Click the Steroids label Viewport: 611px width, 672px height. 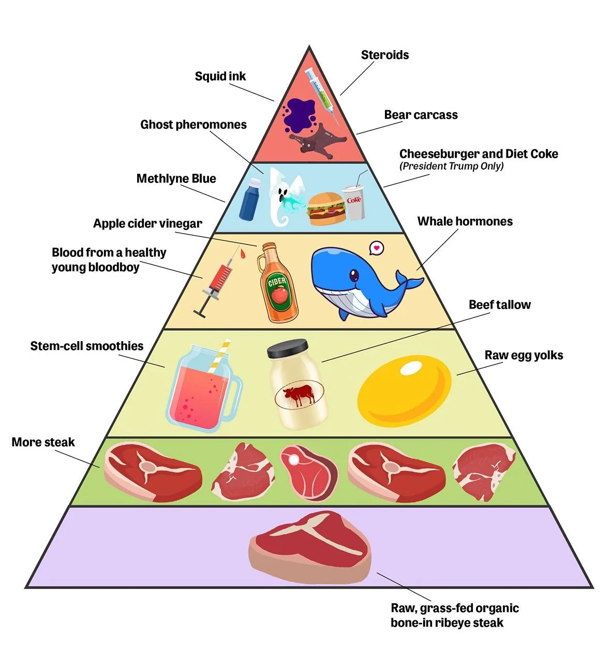pyautogui.click(x=384, y=55)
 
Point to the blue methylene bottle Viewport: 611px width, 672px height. pyautogui.click(x=249, y=200)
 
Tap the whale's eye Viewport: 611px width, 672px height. pyautogui.click(x=354, y=276)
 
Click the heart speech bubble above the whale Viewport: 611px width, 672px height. pyautogui.click(x=376, y=248)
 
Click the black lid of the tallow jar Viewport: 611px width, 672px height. pyautogui.click(x=287, y=348)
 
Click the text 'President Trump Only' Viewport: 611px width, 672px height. pyautogui.click(x=451, y=166)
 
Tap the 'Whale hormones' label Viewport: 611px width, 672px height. pyautogui.click(x=465, y=221)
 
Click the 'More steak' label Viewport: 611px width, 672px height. pyautogui.click(x=43, y=442)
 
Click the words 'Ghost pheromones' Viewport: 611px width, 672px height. pyautogui.click(x=193, y=125)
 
